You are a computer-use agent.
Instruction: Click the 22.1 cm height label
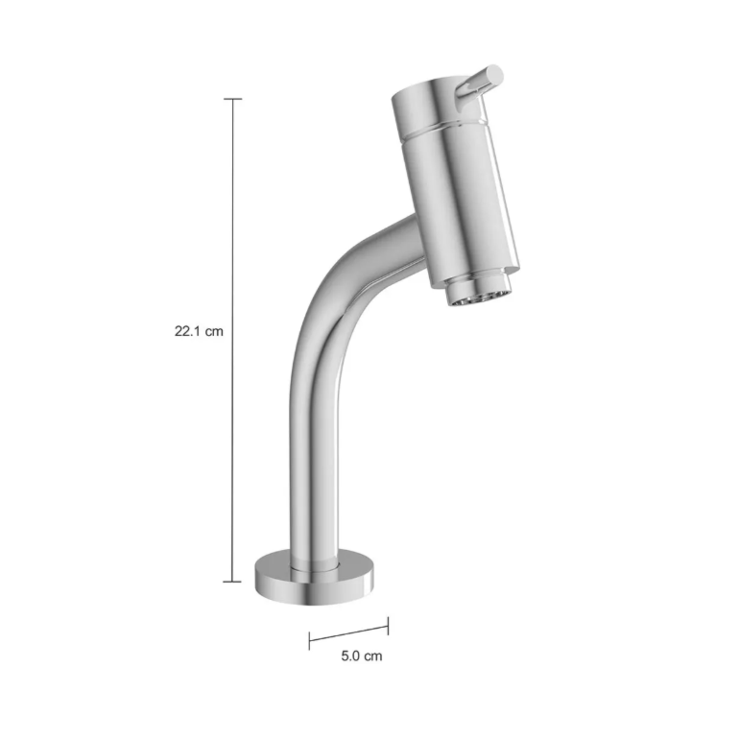(x=199, y=331)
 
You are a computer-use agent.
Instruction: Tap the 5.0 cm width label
(x=362, y=656)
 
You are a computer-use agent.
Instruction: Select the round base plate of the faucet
(x=315, y=578)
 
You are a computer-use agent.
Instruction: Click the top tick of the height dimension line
(x=233, y=99)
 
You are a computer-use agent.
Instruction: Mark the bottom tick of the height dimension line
(x=232, y=582)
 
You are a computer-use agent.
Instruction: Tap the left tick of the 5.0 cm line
(x=309, y=641)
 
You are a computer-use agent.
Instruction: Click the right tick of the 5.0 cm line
(x=388, y=626)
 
